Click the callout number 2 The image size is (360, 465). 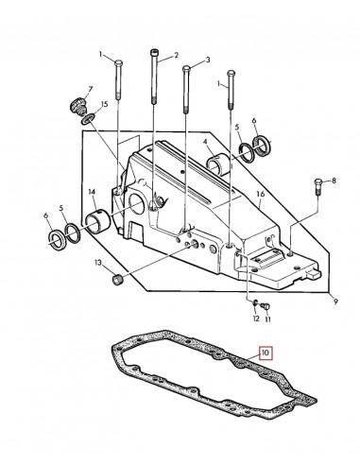click(174, 57)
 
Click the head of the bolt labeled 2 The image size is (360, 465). click(152, 51)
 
